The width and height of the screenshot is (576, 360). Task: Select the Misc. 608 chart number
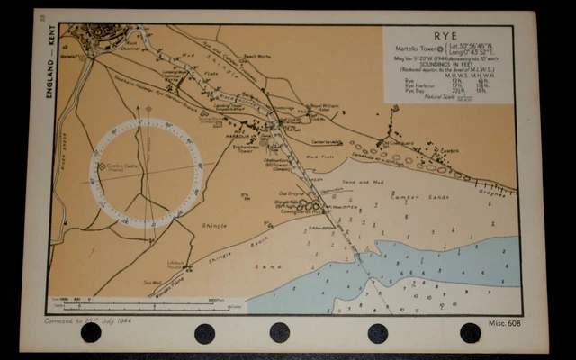click(x=505, y=321)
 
